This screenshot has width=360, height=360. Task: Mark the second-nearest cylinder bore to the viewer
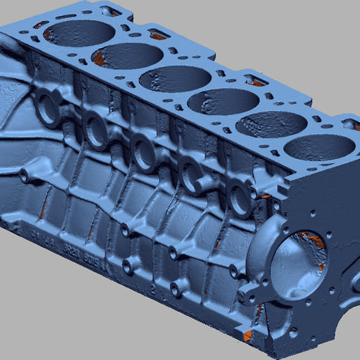(x=270, y=126)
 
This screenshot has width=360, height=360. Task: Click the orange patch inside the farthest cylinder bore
(x=50, y=31)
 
